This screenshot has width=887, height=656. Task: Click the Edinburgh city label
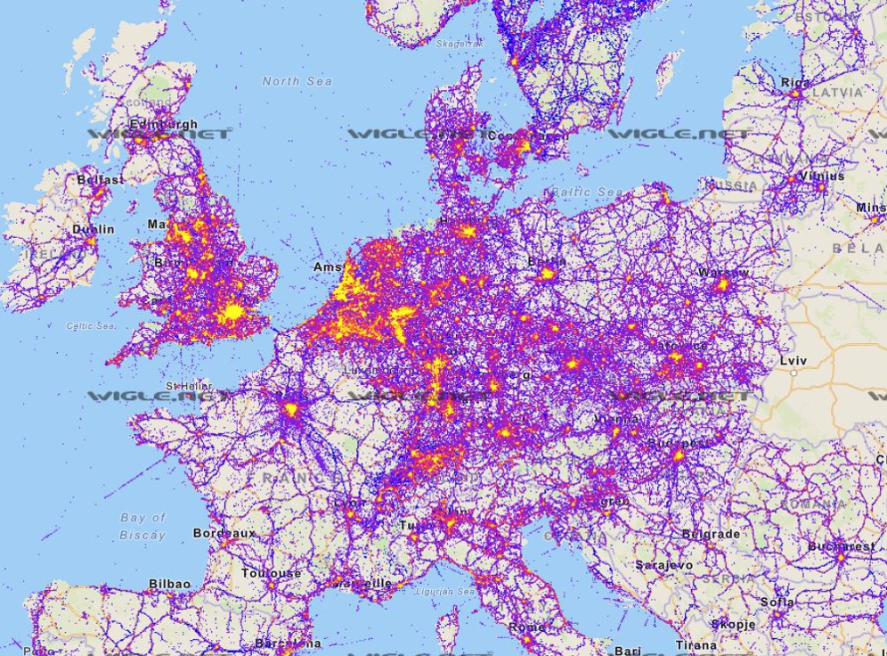point(163,125)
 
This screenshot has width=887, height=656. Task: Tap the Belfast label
point(100,179)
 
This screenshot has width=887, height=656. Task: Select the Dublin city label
point(93,229)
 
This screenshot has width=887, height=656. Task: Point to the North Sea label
point(297,81)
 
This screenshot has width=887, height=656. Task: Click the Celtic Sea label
point(91,326)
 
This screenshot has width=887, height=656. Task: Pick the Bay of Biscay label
point(142,526)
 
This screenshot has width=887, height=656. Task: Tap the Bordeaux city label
point(224,533)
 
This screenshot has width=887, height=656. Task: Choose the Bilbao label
point(169,584)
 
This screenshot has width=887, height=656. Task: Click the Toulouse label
point(271,573)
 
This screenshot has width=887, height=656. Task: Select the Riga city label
point(795,82)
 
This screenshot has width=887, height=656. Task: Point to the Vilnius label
point(820,176)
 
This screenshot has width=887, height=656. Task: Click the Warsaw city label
point(723,272)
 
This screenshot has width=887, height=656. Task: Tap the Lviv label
point(793,361)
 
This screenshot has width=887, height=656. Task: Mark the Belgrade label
point(710,534)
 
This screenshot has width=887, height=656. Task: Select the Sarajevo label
point(663,565)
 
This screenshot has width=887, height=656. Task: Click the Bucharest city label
point(841,545)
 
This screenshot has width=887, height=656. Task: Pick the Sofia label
point(777,602)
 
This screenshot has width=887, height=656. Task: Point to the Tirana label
point(695,645)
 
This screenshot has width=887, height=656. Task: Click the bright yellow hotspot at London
point(233,312)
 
